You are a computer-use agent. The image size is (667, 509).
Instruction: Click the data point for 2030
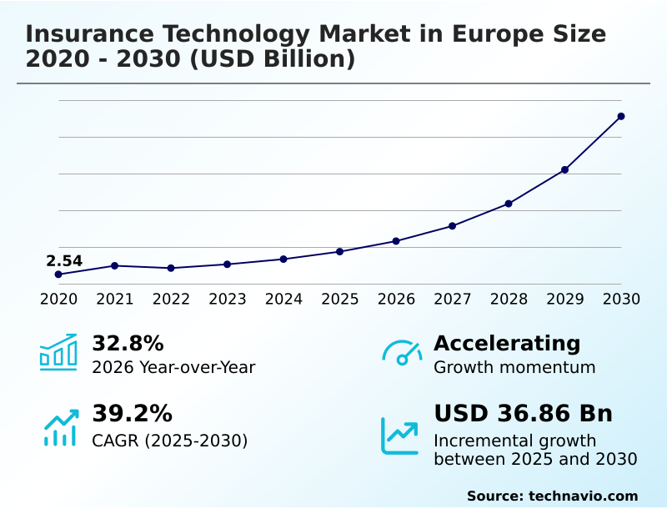621,116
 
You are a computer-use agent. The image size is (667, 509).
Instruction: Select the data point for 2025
340,251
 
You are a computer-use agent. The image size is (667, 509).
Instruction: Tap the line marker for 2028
509,204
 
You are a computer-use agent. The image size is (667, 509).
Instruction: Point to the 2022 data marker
171,268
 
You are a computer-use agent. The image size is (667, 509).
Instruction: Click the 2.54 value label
64,261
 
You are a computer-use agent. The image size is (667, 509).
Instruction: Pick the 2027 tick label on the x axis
453,299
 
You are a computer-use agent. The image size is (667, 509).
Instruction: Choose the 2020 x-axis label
58,299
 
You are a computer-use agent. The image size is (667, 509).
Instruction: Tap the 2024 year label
283,299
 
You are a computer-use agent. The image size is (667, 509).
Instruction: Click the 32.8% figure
128,343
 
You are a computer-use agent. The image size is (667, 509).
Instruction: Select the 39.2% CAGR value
132,414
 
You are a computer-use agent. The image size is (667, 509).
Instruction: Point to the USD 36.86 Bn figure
523,414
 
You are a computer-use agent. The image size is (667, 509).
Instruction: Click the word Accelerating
507,343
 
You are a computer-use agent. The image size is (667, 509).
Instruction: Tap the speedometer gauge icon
401,352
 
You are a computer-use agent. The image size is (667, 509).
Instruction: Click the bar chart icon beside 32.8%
58,352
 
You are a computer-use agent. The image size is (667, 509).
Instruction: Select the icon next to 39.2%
60,426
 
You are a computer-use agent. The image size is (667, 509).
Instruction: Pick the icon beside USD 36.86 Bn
400,435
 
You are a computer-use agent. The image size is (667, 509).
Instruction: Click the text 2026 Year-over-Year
173,367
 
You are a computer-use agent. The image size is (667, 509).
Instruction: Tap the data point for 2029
565,169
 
